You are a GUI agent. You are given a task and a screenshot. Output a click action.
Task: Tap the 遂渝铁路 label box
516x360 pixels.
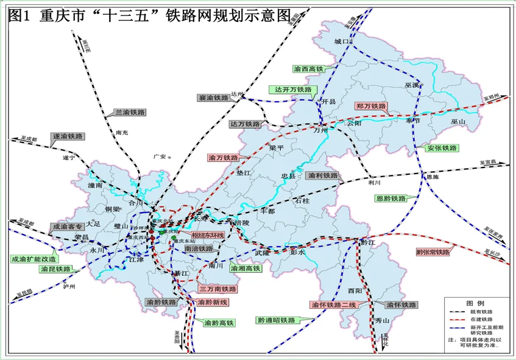point(68,136)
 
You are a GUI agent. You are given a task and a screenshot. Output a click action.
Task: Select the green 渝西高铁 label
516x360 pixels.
point(309,69)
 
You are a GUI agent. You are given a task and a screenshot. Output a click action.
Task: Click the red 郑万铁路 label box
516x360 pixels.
point(372,106)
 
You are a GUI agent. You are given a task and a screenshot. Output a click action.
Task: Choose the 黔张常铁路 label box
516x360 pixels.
point(433,252)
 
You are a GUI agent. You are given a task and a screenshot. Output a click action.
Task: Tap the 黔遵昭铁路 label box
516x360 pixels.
point(276,320)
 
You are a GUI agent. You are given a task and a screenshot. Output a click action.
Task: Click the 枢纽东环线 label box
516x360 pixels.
point(208,235)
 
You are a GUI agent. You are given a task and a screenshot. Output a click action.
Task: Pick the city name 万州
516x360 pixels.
point(320,130)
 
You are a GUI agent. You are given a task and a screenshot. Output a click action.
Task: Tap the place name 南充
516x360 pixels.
point(122,132)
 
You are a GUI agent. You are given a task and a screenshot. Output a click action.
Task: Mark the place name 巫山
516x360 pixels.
point(458,122)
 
